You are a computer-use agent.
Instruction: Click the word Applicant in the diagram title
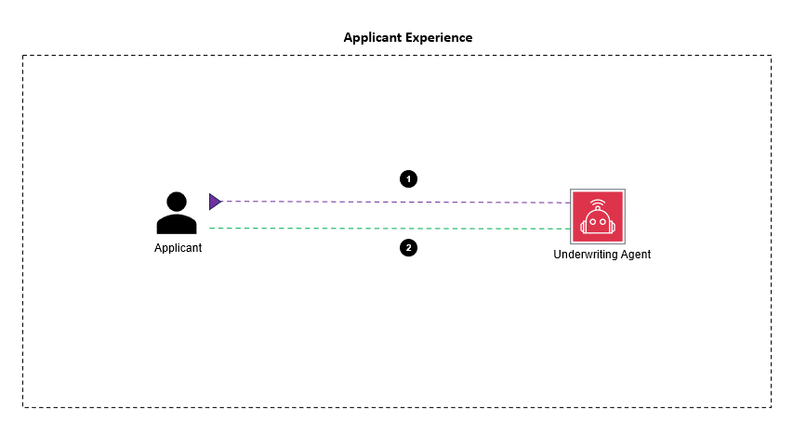click(x=371, y=38)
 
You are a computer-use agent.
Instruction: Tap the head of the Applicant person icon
click(x=177, y=202)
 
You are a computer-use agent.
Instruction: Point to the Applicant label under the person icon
click(x=178, y=248)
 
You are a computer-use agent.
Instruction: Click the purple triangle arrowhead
click(x=215, y=201)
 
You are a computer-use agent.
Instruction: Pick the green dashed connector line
click(x=390, y=229)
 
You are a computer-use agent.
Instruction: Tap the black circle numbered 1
click(x=407, y=178)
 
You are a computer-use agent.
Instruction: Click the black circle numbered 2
click(x=407, y=248)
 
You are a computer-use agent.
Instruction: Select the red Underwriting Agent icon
click(x=598, y=216)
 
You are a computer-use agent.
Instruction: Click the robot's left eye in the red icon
click(x=592, y=223)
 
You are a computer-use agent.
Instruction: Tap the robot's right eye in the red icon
click(x=603, y=223)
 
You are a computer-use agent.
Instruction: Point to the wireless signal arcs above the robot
click(x=598, y=202)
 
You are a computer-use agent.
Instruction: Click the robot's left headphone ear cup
click(x=583, y=224)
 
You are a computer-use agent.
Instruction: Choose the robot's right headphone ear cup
click(x=613, y=224)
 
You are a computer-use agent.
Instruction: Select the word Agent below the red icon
click(x=636, y=255)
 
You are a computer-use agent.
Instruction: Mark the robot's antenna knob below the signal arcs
click(x=598, y=209)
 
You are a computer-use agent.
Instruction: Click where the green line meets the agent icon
click(x=571, y=229)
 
